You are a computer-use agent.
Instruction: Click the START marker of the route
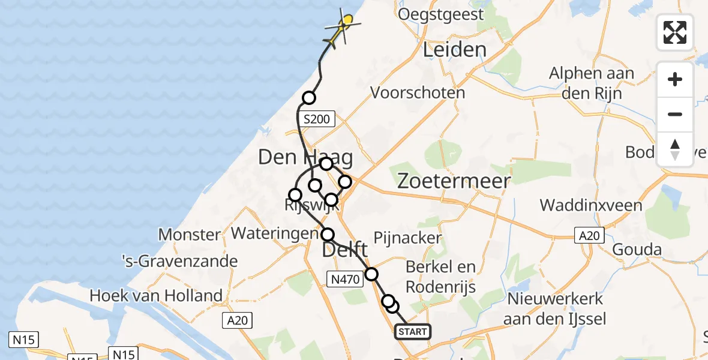pos(413,332)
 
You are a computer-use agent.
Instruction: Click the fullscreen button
pos(675,32)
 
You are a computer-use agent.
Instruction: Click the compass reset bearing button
pos(675,149)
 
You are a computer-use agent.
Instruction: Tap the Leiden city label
pos(454,50)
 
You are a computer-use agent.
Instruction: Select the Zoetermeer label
pos(454,181)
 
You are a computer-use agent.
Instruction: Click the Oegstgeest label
pos(440,14)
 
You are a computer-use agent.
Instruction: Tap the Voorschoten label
pos(418,93)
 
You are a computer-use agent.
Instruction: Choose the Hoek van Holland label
pos(156,295)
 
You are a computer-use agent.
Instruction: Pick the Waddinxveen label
pos(591,205)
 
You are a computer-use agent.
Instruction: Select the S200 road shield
pos(316,119)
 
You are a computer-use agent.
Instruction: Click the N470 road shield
pos(344,278)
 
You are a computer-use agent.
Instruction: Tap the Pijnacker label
pos(408,238)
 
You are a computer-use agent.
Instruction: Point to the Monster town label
pos(190,234)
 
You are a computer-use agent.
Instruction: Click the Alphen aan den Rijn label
pos(592,83)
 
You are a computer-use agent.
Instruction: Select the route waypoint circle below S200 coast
pos(308,98)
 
